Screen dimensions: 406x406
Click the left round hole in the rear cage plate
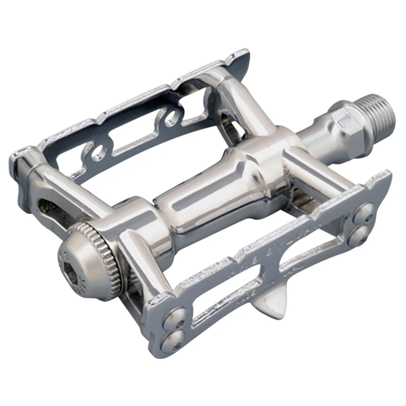click(98, 151)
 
